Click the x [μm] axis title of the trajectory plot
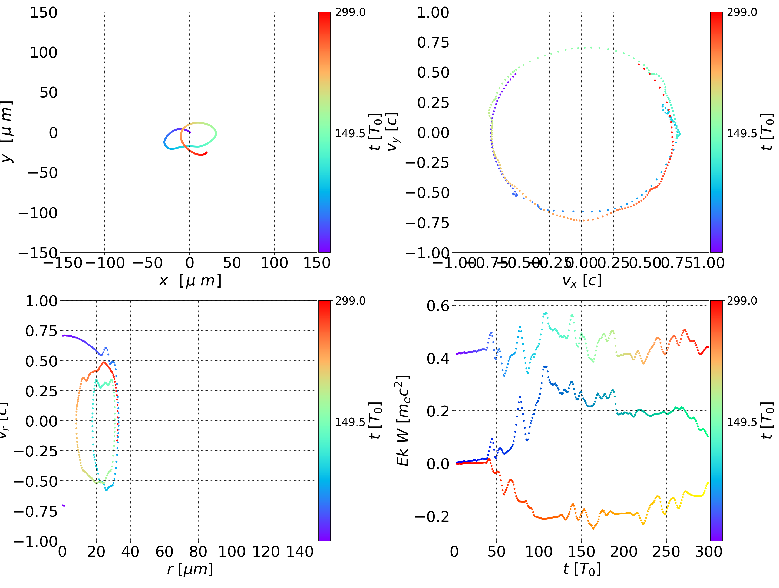[190, 281]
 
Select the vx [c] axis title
[582, 281]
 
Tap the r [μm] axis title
[190, 569]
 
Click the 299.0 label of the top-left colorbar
[350, 12]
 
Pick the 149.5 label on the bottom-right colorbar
[742, 422]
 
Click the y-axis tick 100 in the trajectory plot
[43, 52]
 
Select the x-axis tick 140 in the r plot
[300, 552]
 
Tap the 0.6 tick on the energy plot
[438, 306]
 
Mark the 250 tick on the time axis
[666, 552]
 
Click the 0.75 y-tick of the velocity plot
[433, 42]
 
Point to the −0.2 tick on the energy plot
[433, 516]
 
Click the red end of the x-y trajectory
[206, 152]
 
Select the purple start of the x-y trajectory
[190, 132]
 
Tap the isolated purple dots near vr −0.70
[63, 505]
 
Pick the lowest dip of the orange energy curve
[593, 528]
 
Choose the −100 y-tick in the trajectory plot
[38, 213]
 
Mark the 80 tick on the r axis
[198, 552]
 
